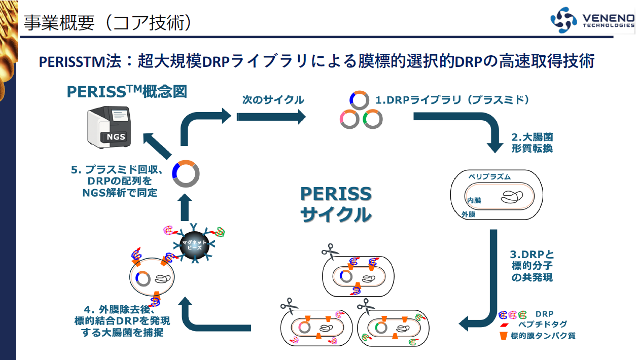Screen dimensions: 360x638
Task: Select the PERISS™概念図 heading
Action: [x=127, y=91]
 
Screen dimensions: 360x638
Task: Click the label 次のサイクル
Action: [x=273, y=100]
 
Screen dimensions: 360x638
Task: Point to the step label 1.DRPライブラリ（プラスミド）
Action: [x=452, y=100]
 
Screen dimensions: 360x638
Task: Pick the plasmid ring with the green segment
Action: [x=372, y=119]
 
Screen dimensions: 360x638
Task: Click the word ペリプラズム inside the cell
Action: [x=489, y=176]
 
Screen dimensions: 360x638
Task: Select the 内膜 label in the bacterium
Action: [x=474, y=201]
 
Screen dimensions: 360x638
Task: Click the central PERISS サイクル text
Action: [x=336, y=204]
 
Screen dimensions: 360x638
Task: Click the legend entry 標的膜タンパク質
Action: [x=543, y=336]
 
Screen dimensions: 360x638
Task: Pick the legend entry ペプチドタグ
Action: [x=542, y=325]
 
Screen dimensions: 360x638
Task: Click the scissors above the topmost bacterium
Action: [x=330, y=250]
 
